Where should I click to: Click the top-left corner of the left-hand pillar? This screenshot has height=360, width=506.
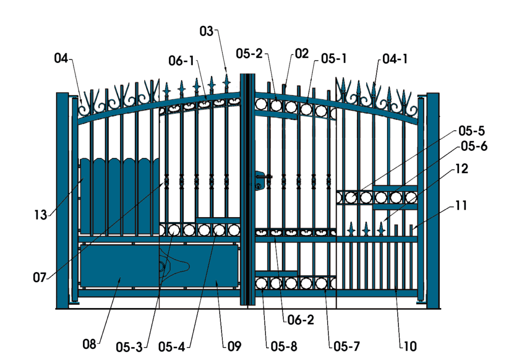pyautogui.click(x=57, y=93)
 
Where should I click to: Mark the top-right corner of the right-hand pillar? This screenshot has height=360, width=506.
pyautogui.click(x=439, y=93)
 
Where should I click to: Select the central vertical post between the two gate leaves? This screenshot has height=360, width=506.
pyautogui.click(x=248, y=189)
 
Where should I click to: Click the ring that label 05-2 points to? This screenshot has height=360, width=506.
pyautogui.click(x=276, y=105)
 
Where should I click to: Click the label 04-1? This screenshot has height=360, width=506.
pyautogui.click(x=395, y=59)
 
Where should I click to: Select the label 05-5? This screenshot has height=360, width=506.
pyautogui.click(x=471, y=131)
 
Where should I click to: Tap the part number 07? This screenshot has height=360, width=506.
pyautogui.click(x=40, y=277)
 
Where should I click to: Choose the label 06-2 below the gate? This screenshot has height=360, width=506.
pyautogui.click(x=300, y=319)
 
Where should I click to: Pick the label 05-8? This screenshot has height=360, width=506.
pyautogui.click(x=284, y=347)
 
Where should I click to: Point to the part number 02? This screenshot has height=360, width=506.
pyautogui.click(x=302, y=53)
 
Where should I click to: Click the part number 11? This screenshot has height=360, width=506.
pyautogui.click(x=461, y=205)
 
